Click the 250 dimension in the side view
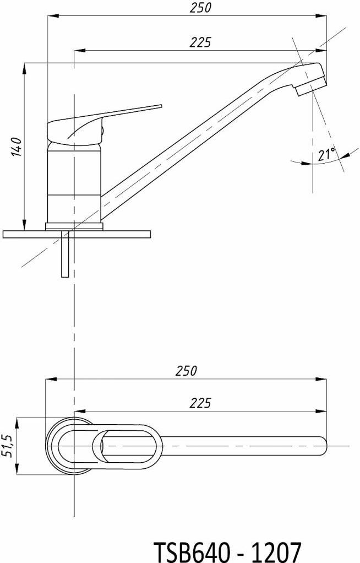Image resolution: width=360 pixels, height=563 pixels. (200, 8)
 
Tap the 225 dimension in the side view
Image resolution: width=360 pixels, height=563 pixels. (200, 42)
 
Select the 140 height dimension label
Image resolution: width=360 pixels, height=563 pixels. (17, 146)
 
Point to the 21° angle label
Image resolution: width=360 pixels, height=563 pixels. (326, 155)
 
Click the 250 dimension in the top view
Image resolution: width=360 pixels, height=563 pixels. (186, 371)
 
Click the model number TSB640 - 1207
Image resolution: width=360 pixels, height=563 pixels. (227, 550)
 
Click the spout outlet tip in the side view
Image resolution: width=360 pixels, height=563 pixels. (312, 86)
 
